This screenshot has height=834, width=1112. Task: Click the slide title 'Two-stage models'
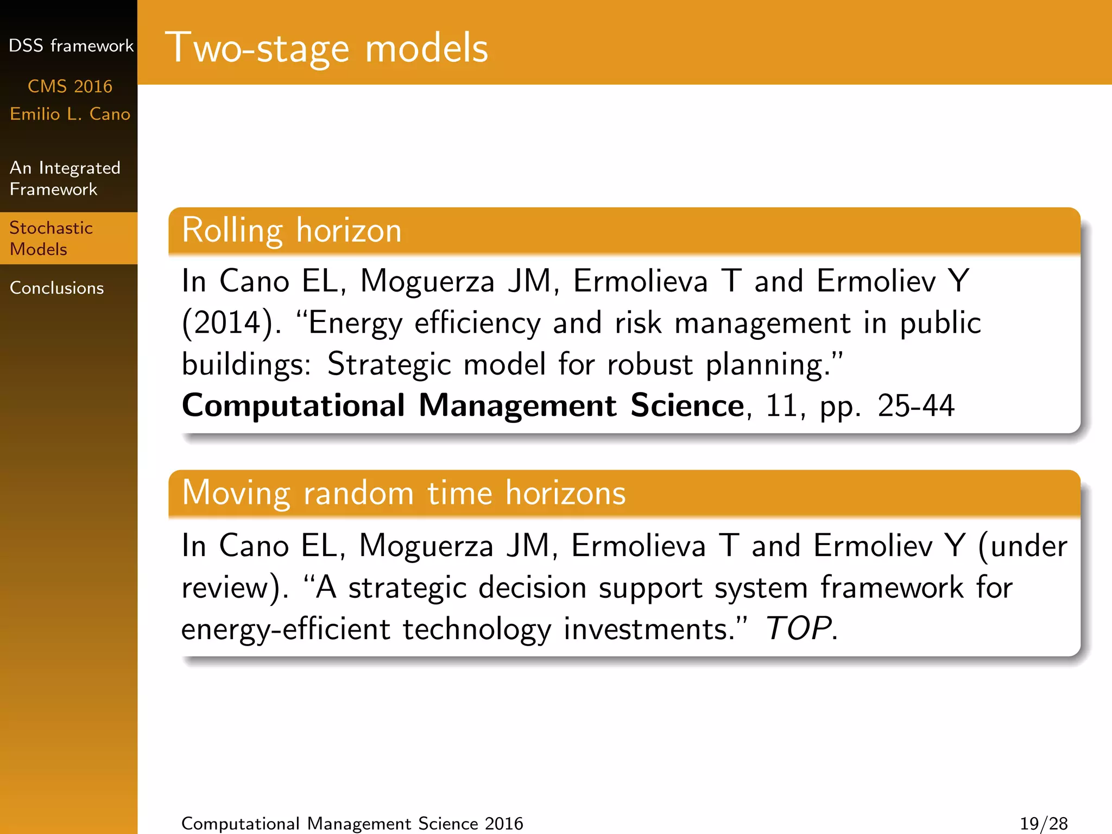[x=326, y=48]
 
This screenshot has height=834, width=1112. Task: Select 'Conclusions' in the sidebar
[x=56, y=288]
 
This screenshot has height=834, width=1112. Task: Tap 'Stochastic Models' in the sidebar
[x=51, y=238]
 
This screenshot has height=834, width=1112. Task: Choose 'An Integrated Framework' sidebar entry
[x=65, y=178]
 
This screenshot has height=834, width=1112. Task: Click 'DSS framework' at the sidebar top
[x=71, y=46]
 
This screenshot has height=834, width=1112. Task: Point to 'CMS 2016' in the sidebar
[x=69, y=86]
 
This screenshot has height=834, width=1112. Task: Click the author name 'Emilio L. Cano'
[x=69, y=114]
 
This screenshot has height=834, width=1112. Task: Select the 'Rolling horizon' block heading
[x=292, y=230]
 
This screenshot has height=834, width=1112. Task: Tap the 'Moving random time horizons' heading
[x=403, y=493]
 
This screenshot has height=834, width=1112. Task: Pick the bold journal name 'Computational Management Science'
[x=463, y=406]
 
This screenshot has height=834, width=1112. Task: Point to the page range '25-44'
[x=915, y=406]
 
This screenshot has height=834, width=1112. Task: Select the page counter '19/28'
[x=1044, y=823]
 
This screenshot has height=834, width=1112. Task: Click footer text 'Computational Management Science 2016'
[x=352, y=823]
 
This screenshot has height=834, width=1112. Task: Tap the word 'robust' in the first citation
[x=650, y=364]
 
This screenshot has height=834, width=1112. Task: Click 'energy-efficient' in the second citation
[x=286, y=629]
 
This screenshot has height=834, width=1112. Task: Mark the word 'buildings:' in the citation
[x=246, y=364]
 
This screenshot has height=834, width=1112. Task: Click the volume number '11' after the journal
[x=780, y=406]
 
